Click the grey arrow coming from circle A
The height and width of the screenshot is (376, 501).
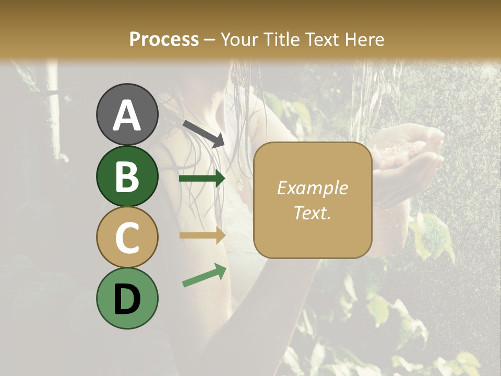pos(204,134)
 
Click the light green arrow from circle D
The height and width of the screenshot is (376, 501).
pos(204,275)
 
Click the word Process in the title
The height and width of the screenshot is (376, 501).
pos(164,39)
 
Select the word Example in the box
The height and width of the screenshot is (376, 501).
pos(312,188)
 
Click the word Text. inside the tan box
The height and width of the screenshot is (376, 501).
pos(312,213)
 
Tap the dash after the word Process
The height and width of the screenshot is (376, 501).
pos(210,40)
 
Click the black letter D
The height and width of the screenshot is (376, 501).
pos(127,299)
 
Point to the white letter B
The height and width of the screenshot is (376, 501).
pos(127,177)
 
